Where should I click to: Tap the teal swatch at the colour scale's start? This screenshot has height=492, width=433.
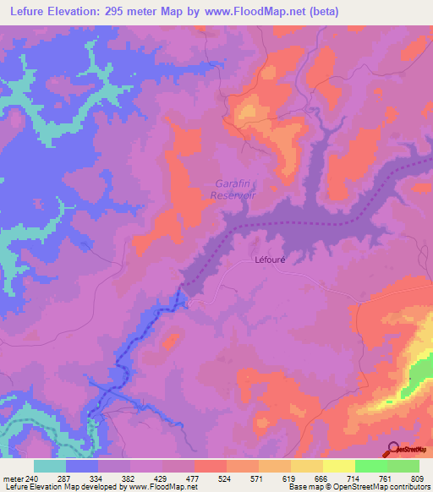tap(50, 466)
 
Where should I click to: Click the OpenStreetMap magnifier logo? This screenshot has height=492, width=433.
tap(394, 448)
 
